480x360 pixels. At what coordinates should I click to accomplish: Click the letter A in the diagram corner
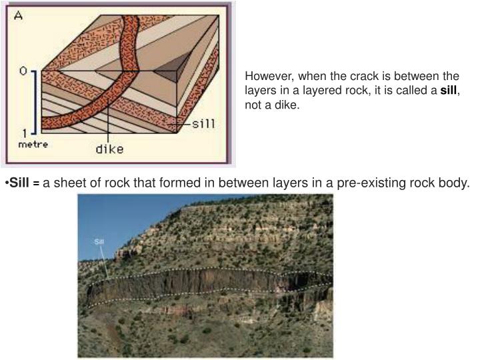19,15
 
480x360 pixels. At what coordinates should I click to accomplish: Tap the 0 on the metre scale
23,71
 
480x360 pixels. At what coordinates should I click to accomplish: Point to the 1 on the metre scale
24,133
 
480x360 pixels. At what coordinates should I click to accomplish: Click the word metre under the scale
32,145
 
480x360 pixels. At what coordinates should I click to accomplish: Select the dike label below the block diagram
109,149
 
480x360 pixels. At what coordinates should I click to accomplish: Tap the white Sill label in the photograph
99,241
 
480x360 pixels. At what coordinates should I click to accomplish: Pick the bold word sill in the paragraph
449,91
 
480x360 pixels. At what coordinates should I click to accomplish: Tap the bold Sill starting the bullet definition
19,183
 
